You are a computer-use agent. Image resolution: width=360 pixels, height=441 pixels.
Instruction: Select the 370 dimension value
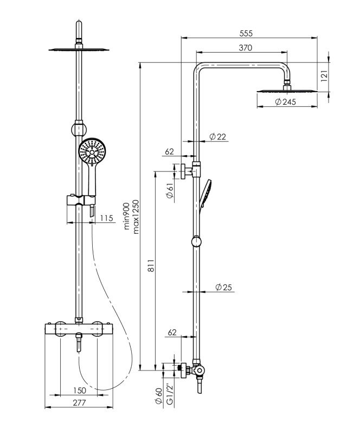click(245, 48)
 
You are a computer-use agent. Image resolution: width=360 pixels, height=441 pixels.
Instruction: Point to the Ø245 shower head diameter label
click(285, 102)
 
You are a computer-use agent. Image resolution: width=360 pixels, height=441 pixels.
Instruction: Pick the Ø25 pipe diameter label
click(223, 287)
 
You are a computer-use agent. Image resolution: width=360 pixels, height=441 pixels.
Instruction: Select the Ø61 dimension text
click(170, 191)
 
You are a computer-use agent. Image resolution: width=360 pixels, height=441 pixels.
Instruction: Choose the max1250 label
click(136, 216)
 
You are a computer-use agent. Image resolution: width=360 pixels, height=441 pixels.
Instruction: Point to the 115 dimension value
click(106, 218)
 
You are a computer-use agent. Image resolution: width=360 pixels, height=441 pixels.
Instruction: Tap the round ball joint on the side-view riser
click(196, 242)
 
